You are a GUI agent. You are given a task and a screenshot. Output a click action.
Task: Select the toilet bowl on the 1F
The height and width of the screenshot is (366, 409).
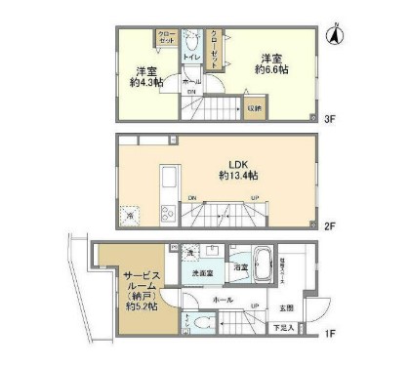point(203,322)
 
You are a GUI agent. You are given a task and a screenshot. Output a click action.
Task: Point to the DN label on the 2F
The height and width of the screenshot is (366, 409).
point(192,199)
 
